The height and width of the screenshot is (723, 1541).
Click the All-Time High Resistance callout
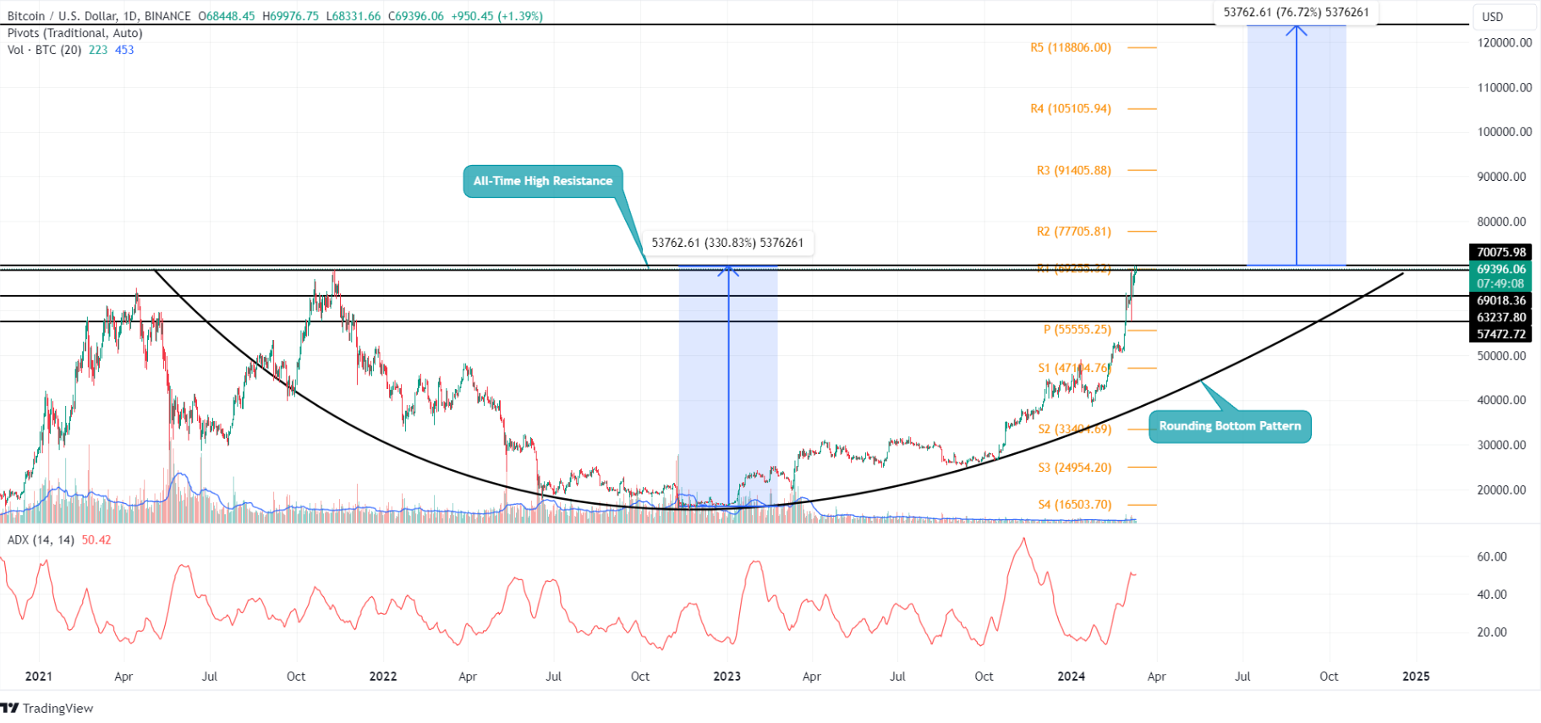click(x=543, y=181)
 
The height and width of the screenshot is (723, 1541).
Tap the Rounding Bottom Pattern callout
click(x=1229, y=426)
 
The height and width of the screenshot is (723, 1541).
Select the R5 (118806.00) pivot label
click(x=1070, y=48)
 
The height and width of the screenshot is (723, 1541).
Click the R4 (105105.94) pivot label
click(x=1070, y=109)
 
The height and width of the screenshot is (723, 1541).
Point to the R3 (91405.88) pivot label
click(x=1073, y=171)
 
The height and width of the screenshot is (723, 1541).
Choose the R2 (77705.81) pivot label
click(x=1073, y=232)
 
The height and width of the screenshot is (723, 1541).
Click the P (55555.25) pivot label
click(x=1077, y=330)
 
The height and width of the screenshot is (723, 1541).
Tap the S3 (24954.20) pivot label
click(x=1074, y=468)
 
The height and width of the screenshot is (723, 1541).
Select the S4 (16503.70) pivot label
click(x=1074, y=505)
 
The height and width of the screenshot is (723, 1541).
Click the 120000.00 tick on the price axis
click(x=1504, y=43)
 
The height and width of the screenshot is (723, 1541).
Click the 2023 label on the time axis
click(x=727, y=676)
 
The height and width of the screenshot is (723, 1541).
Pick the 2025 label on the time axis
click(x=1416, y=676)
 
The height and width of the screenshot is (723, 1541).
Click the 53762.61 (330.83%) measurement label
click(x=727, y=244)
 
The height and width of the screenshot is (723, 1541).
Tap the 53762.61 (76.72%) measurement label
click(x=1296, y=13)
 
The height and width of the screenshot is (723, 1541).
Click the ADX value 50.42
click(x=96, y=540)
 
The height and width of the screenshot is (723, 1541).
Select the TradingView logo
click(x=47, y=709)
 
